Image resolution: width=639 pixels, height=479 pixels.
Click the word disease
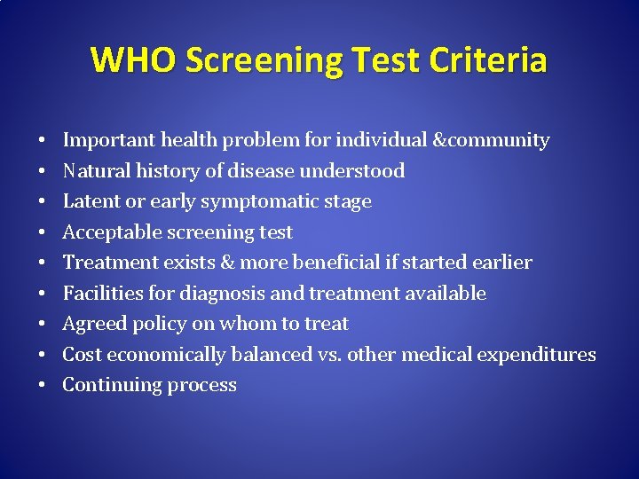coord(264,170)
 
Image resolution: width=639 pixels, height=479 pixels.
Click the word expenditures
coord(536,355)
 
